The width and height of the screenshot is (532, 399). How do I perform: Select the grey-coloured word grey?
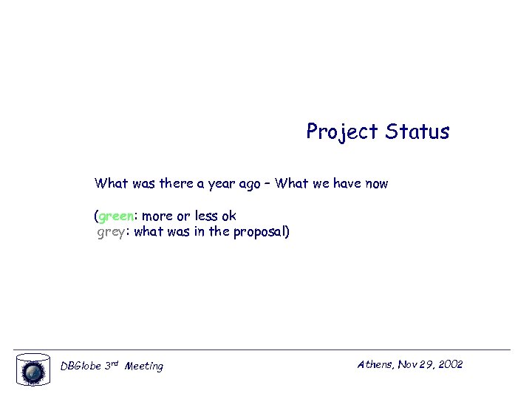pos(111,233)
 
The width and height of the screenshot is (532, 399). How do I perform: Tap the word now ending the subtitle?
pos(375,184)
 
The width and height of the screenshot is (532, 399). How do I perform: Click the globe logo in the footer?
pos(33,369)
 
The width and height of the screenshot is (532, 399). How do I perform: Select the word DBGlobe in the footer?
pos(80,366)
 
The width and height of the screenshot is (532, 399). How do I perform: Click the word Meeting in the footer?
pos(144,366)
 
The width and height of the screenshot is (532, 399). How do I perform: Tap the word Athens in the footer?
pos(375,364)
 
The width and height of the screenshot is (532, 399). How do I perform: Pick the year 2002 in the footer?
pos(450,364)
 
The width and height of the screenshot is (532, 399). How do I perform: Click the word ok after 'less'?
pos(228,216)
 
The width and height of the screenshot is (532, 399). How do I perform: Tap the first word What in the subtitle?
pos(111,183)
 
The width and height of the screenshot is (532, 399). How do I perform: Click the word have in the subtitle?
pos(347,183)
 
